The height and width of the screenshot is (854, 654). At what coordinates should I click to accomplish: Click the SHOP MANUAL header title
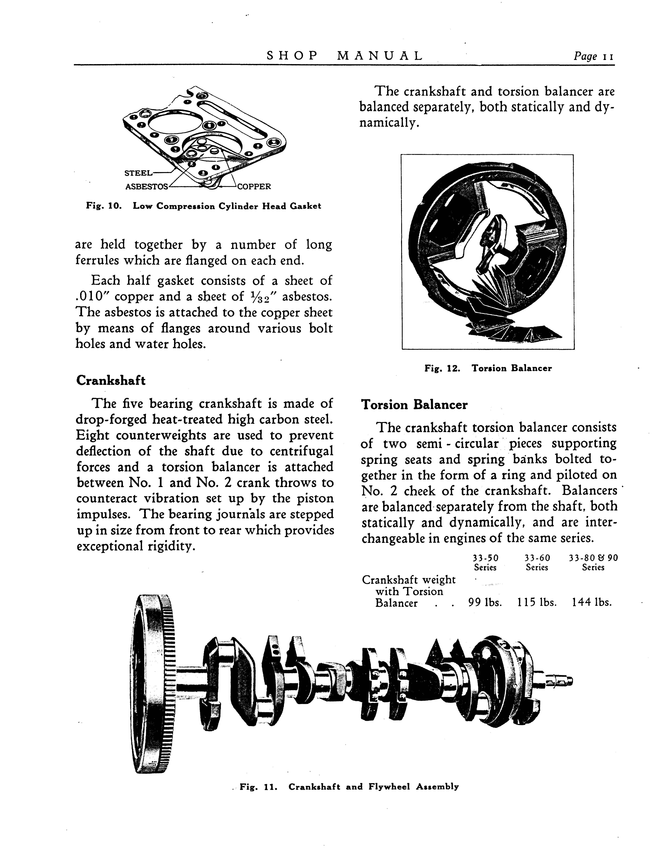click(x=345, y=56)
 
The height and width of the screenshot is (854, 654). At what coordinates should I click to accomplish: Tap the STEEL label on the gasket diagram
click(x=138, y=173)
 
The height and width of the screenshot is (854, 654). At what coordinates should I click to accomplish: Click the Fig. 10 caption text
click(x=203, y=206)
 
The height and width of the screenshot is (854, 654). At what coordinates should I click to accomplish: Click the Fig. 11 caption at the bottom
click(x=349, y=787)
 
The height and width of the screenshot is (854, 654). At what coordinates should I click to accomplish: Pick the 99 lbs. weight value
click(x=485, y=603)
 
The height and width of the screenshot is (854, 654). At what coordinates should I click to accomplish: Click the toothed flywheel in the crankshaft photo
click(x=152, y=685)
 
